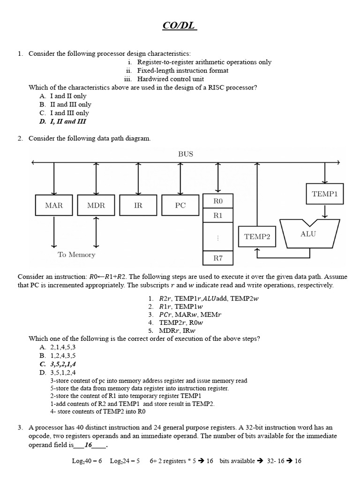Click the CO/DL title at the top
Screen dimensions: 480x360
[180, 26]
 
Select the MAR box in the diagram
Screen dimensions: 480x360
[54, 205]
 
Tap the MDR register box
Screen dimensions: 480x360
[96, 205]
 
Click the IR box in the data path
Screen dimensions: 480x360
[138, 205]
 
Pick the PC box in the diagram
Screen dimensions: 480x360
[180, 205]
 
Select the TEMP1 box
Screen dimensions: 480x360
[324, 194]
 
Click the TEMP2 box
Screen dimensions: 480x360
[257, 237]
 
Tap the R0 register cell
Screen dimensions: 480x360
[218, 201]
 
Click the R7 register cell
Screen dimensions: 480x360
[218, 258]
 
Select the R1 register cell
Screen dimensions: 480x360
[218, 216]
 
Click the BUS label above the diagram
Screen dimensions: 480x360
[186, 154]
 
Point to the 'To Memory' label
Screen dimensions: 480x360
[76, 255]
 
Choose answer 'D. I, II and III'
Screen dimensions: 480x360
[63, 121]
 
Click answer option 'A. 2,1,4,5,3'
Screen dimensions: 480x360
[58, 347]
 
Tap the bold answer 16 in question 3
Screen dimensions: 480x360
[88, 445]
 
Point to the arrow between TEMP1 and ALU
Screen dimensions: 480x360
[324, 211]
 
